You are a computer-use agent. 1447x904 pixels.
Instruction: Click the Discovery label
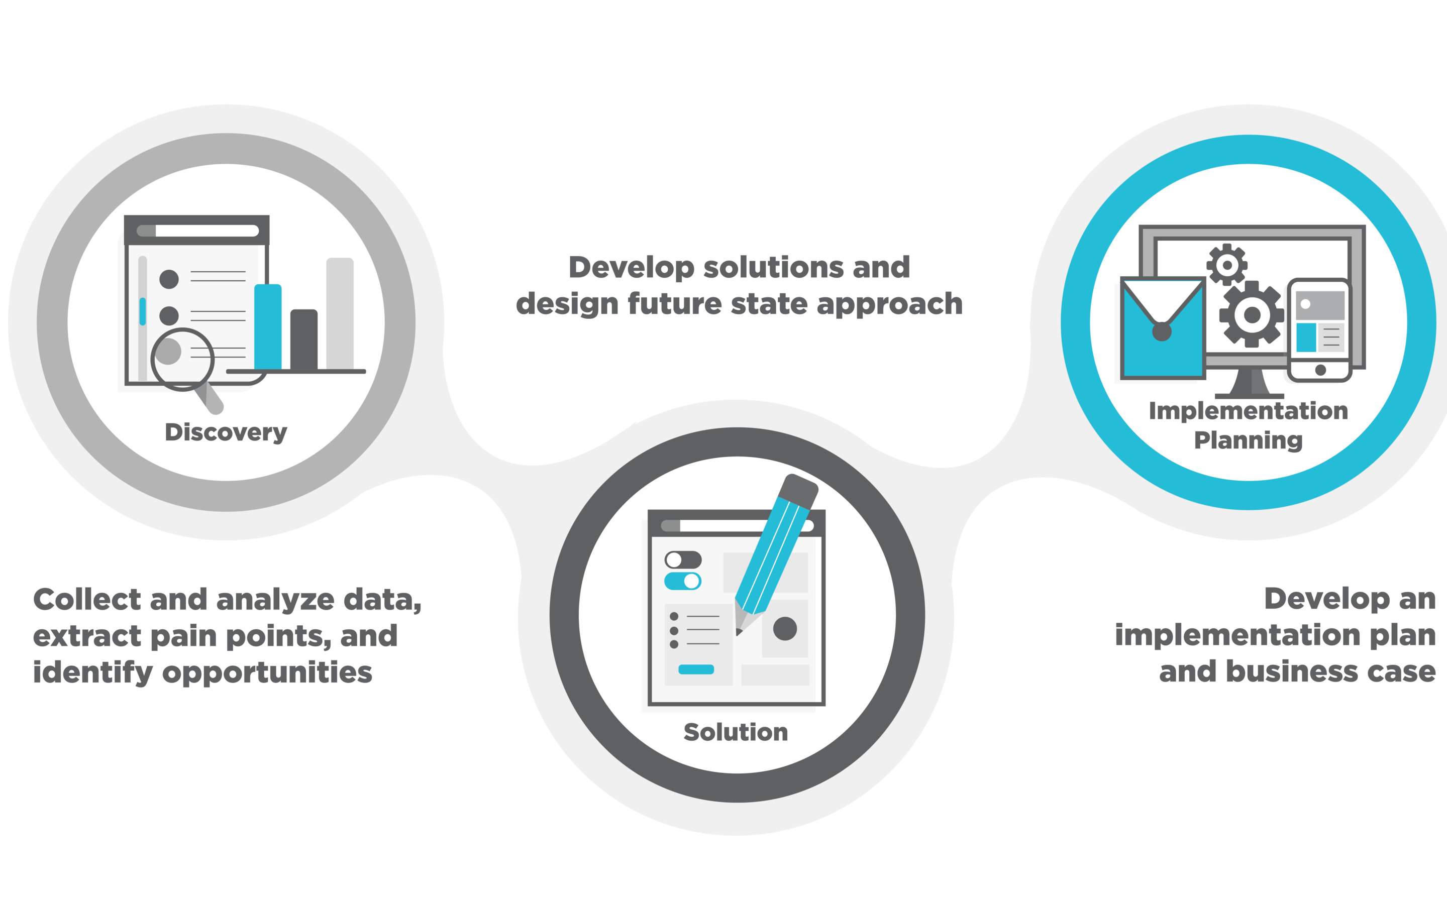(226, 432)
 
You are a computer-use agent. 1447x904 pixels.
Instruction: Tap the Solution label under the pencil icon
(736, 732)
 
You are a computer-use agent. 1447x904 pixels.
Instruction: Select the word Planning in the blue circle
(1249, 440)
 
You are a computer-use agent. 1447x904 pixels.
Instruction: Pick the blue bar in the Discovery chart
(268, 327)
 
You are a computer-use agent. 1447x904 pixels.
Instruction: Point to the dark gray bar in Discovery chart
(304, 340)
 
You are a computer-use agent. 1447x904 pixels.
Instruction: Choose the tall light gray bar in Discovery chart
(340, 314)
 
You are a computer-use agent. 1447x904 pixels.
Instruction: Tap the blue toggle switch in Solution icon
(683, 581)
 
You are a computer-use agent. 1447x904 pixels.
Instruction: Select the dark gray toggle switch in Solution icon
(683, 559)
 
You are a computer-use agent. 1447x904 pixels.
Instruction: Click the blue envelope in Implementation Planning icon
(1163, 328)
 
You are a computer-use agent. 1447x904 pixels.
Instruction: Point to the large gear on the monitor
(1252, 314)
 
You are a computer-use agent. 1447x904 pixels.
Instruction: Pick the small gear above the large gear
(1227, 265)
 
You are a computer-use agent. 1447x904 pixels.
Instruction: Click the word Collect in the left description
(87, 599)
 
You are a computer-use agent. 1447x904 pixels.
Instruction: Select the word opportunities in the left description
(267, 672)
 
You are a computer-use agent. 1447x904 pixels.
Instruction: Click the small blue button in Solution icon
(696, 669)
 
